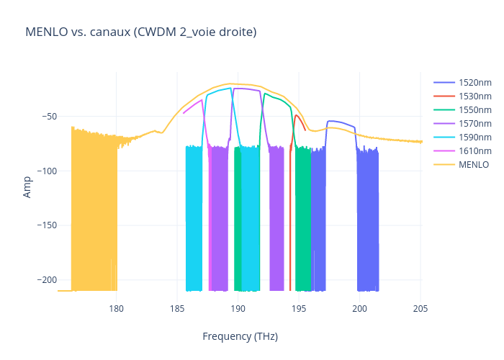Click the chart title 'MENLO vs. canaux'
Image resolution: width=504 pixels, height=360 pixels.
pyautogui.click(x=140, y=32)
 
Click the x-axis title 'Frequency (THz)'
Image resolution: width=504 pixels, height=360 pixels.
pyautogui.click(x=240, y=336)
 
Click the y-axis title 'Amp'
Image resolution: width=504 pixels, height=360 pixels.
pyautogui.click(x=27, y=187)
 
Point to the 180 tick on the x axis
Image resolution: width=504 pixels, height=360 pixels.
pyautogui.click(x=117, y=309)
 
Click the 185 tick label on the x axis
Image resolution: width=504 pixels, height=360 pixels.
pyautogui.click(x=177, y=309)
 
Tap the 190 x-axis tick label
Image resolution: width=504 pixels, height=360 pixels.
pyautogui.click(x=238, y=309)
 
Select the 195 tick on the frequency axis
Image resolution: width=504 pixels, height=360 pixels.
pyautogui.click(x=299, y=309)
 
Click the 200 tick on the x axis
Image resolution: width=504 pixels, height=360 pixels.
pyautogui.click(x=360, y=309)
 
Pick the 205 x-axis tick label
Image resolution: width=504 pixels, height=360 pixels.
pyautogui.click(x=420, y=309)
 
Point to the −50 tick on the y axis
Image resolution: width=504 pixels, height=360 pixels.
pyautogui.click(x=43, y=117)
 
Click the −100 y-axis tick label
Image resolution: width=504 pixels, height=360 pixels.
pyautogui.click(x=41, y=171)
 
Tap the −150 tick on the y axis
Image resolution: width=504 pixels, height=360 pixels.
pyautogui.click(x=41, y=225)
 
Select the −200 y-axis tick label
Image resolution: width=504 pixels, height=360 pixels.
pyautogui.click(x=41, y=279)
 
